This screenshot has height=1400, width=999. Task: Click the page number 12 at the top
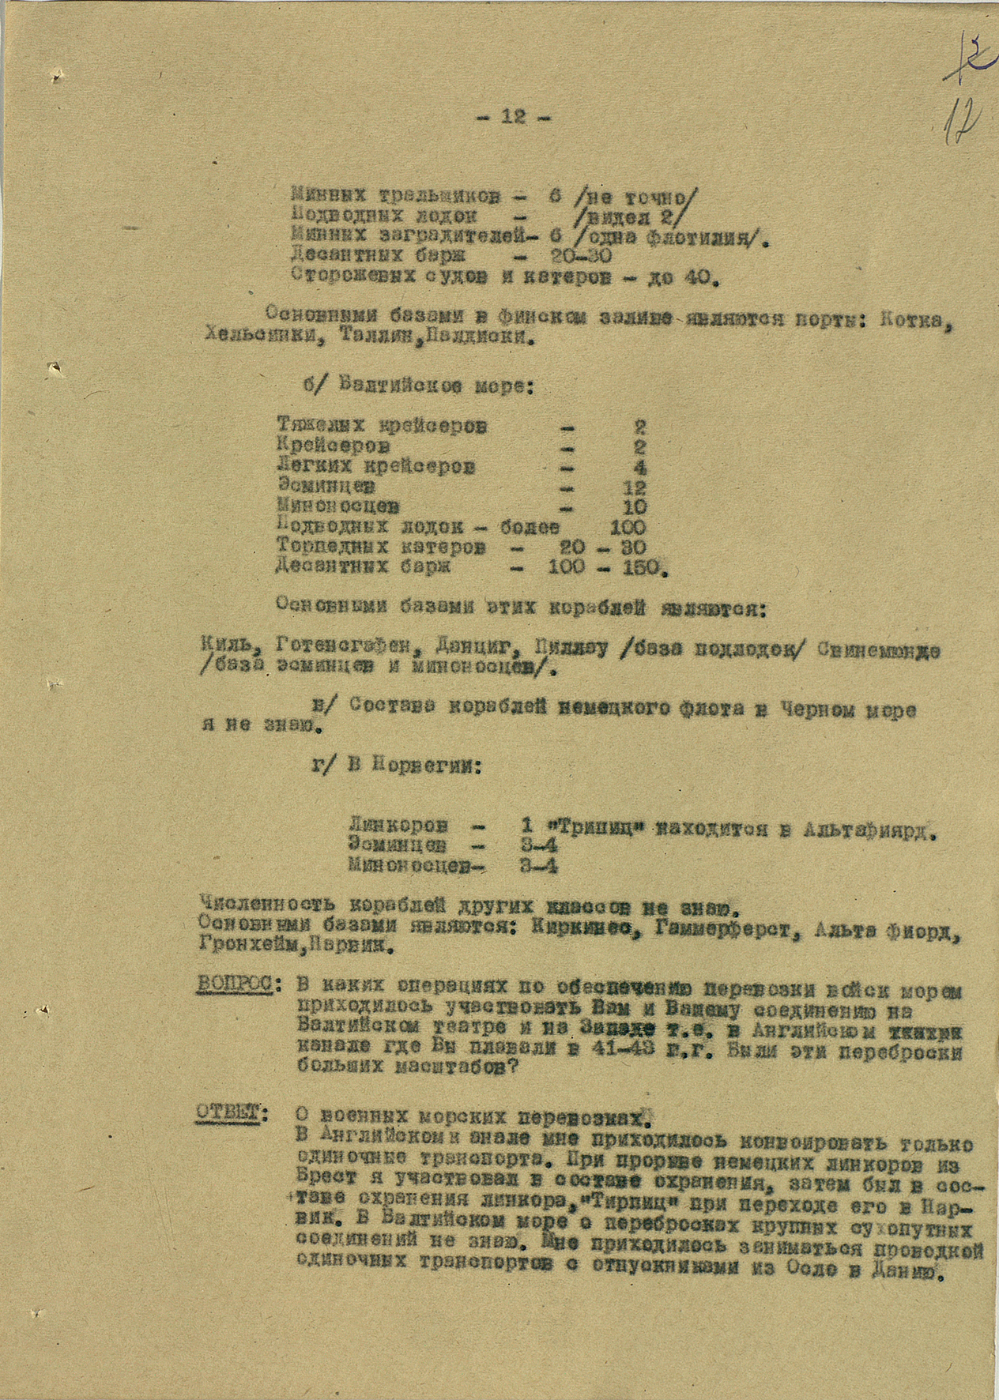(x=513, y=118)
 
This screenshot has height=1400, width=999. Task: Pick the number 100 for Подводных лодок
(x=628, y=526)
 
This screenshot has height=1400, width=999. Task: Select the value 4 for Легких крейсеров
(x=640, y=467)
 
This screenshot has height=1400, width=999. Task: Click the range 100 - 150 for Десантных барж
(x=605, y=566)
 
